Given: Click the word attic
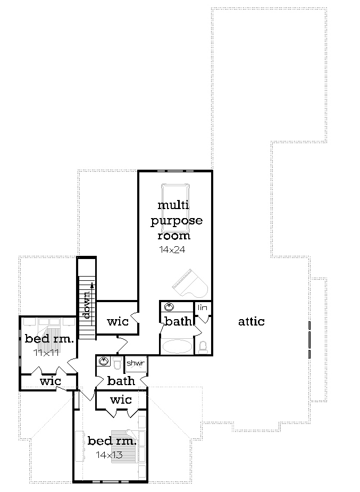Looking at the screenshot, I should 251,321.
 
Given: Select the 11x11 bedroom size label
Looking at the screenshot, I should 45,352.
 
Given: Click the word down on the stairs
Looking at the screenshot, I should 87,306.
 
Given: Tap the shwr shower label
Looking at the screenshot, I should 135,363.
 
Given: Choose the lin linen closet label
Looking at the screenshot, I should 203,308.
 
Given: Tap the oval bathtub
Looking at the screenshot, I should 178,347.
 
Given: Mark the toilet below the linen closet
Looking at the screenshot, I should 203,347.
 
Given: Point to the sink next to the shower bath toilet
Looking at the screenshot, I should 103,362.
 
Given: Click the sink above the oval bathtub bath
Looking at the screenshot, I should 169,307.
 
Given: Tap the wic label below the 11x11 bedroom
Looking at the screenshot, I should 51,381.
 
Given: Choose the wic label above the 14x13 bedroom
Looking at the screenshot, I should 121,399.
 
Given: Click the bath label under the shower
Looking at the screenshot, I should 121,381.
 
